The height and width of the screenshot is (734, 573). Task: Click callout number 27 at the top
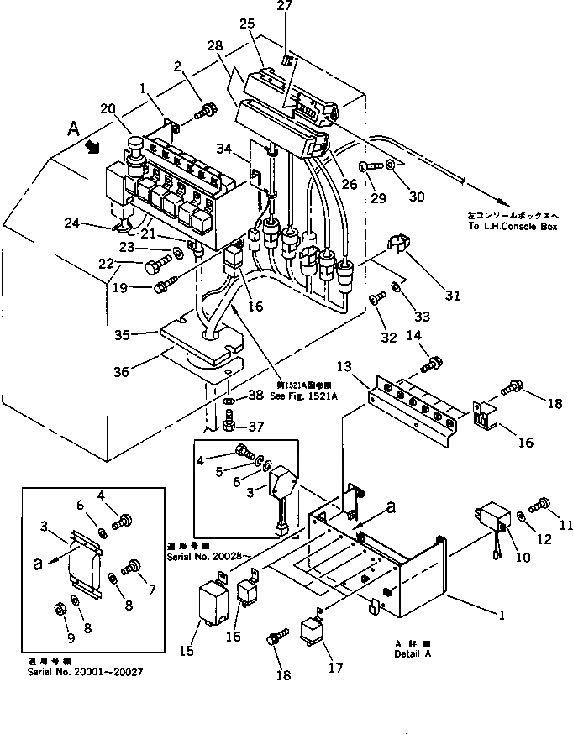(x=284, y=7)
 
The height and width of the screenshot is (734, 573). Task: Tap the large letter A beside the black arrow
(x=74, y=128)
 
